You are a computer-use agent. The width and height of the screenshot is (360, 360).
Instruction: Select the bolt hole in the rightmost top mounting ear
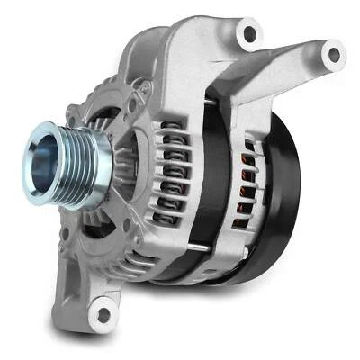334,55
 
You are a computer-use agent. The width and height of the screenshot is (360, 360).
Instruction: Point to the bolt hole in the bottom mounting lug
104,314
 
